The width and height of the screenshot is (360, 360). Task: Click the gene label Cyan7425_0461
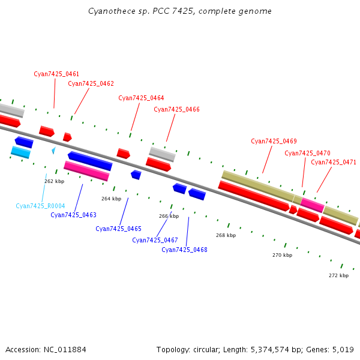pyautogui.click(x=56, y=74)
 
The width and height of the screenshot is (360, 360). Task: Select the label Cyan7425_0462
pyautogui.click(x=91, y=83)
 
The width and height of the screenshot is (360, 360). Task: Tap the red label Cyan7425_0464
pyautogui.click(x=141, y=98)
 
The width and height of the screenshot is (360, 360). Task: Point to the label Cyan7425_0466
pyautogui.click(x=176, y=109)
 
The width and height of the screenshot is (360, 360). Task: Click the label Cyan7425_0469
pyautogui.click(x=274, y=141)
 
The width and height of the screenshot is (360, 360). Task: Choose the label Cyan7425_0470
pyautogui.click(x=307, y=153)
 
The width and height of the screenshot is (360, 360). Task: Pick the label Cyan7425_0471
pyautogui.click(x=334, y=162)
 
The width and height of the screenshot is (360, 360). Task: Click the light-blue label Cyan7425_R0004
pyautogui.click(x=40, y=206)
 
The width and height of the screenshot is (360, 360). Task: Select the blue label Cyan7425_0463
pyautogui.click(x=73, y=215)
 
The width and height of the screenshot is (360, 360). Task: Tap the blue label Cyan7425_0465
pyautogui.click(x=118, y=229)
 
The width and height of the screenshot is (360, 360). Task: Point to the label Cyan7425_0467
pyautogui.click(x=155, y=240)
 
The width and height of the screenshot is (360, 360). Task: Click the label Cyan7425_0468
pyautogui.click(x=184, y=250)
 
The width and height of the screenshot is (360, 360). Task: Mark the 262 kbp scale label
pyautogui.click(x=54, y=181)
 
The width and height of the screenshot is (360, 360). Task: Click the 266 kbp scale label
pyautogui.click(x=169, y=216)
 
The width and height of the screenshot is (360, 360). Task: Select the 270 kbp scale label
pyautogui.click(x=282, y=255)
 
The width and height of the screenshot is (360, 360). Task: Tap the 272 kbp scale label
pyautogui.click(x=338, y=275)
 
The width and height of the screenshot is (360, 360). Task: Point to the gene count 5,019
pyautogui.click(x=344, y=349)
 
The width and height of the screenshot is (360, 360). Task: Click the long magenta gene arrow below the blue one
pyautogui.click(x=86, y=170)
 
